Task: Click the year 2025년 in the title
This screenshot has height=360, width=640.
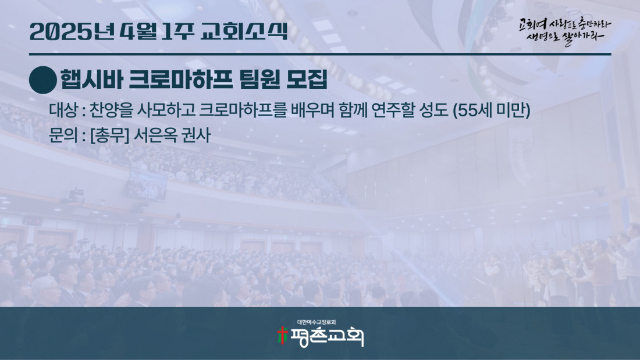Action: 72,32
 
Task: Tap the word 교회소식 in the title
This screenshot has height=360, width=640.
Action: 244,31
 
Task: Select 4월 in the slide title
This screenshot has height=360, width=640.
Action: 138,32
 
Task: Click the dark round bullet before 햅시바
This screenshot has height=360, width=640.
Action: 43,80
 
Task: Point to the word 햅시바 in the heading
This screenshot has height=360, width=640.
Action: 91,79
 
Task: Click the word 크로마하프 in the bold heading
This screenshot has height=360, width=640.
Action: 181,79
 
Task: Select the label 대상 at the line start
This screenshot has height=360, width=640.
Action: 63,110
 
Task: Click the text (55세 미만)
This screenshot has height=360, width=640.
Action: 492,110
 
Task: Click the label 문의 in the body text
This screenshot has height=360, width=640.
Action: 63,135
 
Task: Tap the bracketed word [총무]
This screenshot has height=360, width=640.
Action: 109,135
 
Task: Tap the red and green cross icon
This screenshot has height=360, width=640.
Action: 282,336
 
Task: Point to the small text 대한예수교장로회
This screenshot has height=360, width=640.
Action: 317,322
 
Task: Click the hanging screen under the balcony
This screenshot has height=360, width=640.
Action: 147,185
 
